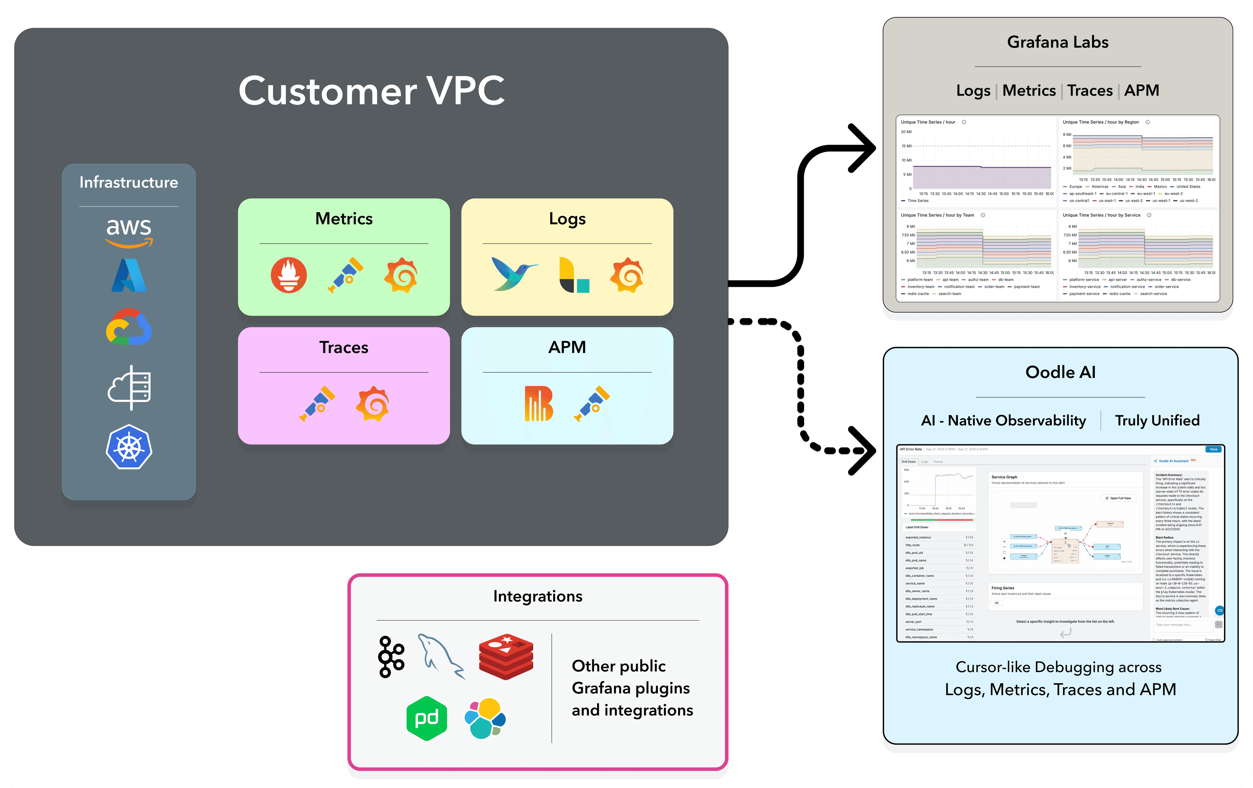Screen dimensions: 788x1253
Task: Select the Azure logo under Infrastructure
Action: [x=129, y=275]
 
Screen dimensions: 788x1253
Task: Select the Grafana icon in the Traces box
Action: [x=373, y=404]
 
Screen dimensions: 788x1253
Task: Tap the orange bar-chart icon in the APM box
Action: [x=538, y=403]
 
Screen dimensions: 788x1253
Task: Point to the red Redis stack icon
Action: [x=506, y=657]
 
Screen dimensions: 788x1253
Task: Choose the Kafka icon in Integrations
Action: [x=391, y=657]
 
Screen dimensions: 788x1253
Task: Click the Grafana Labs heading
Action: [x=1057, y=42]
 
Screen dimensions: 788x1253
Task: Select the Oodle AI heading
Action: [x=1060, y=372]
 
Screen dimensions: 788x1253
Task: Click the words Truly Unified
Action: [x=1157, y=420]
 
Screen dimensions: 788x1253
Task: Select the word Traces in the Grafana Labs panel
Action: [x=1090, y=90]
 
